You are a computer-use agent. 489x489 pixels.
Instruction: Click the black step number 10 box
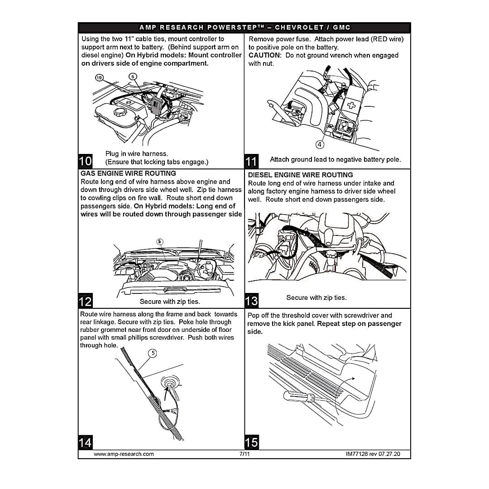pyautogui.click(x=86, y=161)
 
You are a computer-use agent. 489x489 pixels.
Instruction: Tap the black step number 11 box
pyautogui.click(x=251, y=162)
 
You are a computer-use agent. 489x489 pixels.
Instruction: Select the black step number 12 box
pyautogui.click(x=86, y=301)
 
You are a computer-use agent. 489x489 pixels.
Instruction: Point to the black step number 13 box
pyautogui.click(x=251, y=301)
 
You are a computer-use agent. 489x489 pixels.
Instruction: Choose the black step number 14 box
pyautogui.click(x=86, y=442)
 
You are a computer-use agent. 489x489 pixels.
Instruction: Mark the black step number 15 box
pyautogui.click(x=252, y=442)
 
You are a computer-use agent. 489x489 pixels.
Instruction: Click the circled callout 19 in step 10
pyautogui.click(x=99, y=78)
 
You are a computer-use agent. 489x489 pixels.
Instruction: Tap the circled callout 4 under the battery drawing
pyautogui.click(x=320, y=144)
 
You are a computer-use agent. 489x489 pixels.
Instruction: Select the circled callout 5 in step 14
pyautogui.click(x=153, y=353)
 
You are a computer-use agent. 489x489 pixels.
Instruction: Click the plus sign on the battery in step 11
pyautogui.click(x=351, y=105)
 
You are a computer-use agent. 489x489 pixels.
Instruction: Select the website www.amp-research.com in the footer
pyautogui.click(x=124, y=454)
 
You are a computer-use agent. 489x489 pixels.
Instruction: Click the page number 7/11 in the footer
pyautogui.click(x=244, y=454)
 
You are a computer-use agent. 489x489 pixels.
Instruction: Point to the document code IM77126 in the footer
pyautogui.click(x=357, y=454)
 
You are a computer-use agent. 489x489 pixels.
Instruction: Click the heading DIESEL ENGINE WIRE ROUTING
pyautogui.click(x=300, y=175)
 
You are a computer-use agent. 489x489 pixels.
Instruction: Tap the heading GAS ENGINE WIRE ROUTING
pyautogui.click(x=128, y=173)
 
